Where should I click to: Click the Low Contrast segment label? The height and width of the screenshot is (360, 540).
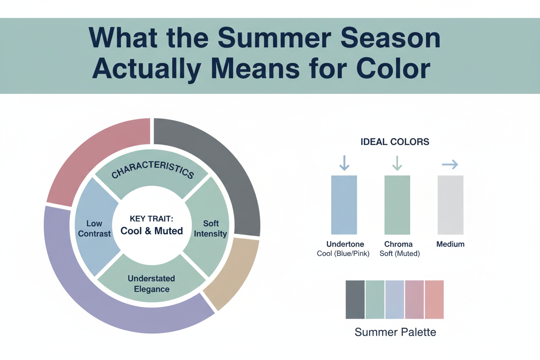pyautogui.click(x=94, y=228)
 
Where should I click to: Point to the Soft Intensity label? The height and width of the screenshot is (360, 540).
pyautogui.click(x=211, y=228)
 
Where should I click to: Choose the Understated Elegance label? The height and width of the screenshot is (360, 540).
pyautogui.click(x=151, y=283)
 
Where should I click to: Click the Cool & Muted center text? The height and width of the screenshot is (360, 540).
pyautogui.click(x=151, y=231)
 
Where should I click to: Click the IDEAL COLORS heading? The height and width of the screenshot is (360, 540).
pyautogui.click(x=395, y=142)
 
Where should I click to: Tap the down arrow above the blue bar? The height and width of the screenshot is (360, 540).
pyautogui.click(x=344, y=163)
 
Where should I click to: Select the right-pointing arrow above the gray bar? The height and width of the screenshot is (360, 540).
pyautogui.click(x=450, y=164)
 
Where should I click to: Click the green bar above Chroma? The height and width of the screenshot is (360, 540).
pyautogui.click(x=397, y=205)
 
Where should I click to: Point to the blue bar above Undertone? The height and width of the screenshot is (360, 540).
pyautogui.click(x=344, y=205)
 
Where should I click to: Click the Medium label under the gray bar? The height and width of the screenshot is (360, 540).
pyautogui.click(x=450, y=244)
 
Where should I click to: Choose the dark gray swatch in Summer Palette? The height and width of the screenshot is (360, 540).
pyautogui.click(x=355, y=299)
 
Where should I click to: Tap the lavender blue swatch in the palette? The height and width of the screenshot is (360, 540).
pyautogui.click(x=394, y=299)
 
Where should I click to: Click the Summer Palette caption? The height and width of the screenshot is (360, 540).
pyautogui.click(x=395, y=332)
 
